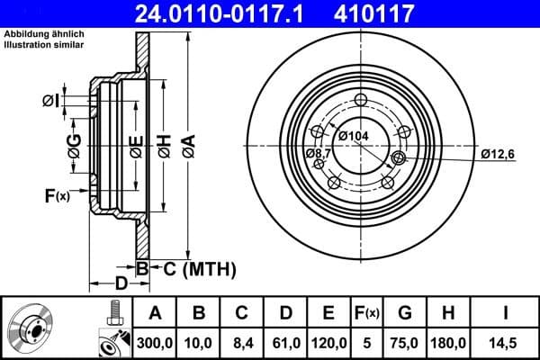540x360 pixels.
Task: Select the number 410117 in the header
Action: coord(403,13)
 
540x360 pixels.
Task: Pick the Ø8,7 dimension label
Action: coord(319,153)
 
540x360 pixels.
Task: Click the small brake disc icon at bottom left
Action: coord(33,328)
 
